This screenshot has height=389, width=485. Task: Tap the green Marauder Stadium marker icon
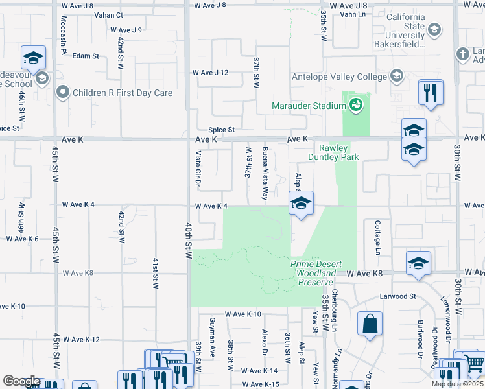click(x=355, y=104)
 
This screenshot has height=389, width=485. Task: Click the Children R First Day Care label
click(x=123, y=93)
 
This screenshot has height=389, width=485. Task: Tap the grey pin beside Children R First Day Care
click(x=63, y=93)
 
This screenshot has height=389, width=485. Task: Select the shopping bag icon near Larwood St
click(x=370, y=324)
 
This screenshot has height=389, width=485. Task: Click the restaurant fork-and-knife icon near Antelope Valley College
click(x=431, y=92)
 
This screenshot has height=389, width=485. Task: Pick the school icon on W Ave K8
click(x=419, y=264)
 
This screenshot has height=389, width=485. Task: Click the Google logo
click(x=21, y=381)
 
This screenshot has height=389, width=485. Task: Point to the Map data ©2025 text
click(x=458, y=384)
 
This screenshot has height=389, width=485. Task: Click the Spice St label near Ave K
click(x=220, y=130)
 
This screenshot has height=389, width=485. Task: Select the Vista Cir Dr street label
click(x=198, y=168)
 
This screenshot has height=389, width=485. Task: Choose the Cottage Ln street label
click(x=377, y=237)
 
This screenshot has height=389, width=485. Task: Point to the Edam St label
click(x=86, y=56)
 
